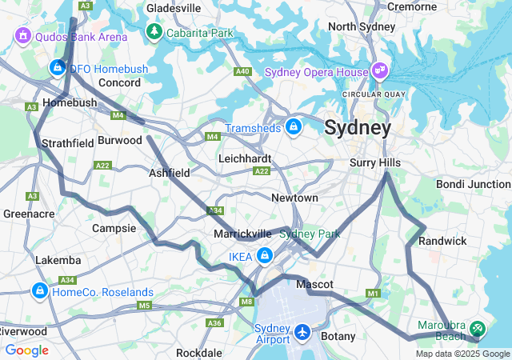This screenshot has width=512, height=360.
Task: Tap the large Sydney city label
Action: click(x=358, y=128)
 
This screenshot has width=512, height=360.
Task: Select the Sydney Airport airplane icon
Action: click(x=302, y=330)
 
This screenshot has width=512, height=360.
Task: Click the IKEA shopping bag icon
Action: click(x=265, y=256)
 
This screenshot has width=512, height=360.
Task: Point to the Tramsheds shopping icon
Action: click(x=294, y=126)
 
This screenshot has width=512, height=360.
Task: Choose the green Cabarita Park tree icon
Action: click(x=154, y=32)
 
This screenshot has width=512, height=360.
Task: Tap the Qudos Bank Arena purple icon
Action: click(x=22, y=36)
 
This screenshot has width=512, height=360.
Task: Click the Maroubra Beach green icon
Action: click(x=478, y=327)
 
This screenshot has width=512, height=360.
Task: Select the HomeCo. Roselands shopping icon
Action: click(x=39, y=290)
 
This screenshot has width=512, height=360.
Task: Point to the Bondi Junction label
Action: click(x=473, y=184)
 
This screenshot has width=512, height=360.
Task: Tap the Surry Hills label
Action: click(x=374, y=162)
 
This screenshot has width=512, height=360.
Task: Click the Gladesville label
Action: click(x=174, y=8)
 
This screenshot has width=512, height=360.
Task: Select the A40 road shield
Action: click(x=243, y=72)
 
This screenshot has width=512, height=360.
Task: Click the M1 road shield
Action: click(x=373, y=294)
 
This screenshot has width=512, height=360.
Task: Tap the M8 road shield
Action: click(x=246, y=302)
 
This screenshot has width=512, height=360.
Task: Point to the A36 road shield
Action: click(x=214, y=322)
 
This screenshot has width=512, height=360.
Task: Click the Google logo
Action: click(x=26, y=350)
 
